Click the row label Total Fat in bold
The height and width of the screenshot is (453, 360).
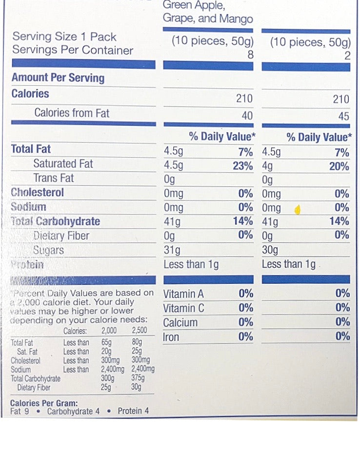[31, 149]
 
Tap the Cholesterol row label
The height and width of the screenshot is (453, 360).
[37, 193]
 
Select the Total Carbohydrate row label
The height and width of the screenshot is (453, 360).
[55, 221]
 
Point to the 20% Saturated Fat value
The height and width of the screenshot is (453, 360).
[339, 166]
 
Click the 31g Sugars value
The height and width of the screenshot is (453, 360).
[172, 251]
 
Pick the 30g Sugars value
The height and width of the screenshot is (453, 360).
[270, 251]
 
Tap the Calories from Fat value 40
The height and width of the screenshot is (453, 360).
[247, 116]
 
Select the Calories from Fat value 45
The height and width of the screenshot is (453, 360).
[343, 117]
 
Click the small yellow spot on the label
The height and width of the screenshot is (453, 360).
[298, 210]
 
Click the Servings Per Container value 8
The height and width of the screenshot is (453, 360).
[250, 55]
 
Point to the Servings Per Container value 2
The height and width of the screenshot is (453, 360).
[347, 56]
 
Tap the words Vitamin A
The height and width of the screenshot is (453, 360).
[183, 294]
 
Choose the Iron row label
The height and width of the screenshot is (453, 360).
[171, 337]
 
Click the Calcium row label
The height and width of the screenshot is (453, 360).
[180, 323]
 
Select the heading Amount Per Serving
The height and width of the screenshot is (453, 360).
[58, 78]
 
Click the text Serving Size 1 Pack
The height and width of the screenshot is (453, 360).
[64, 37]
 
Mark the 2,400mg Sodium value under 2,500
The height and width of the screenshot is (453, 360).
[142, 369]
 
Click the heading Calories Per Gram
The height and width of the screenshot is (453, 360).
[44, 403]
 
